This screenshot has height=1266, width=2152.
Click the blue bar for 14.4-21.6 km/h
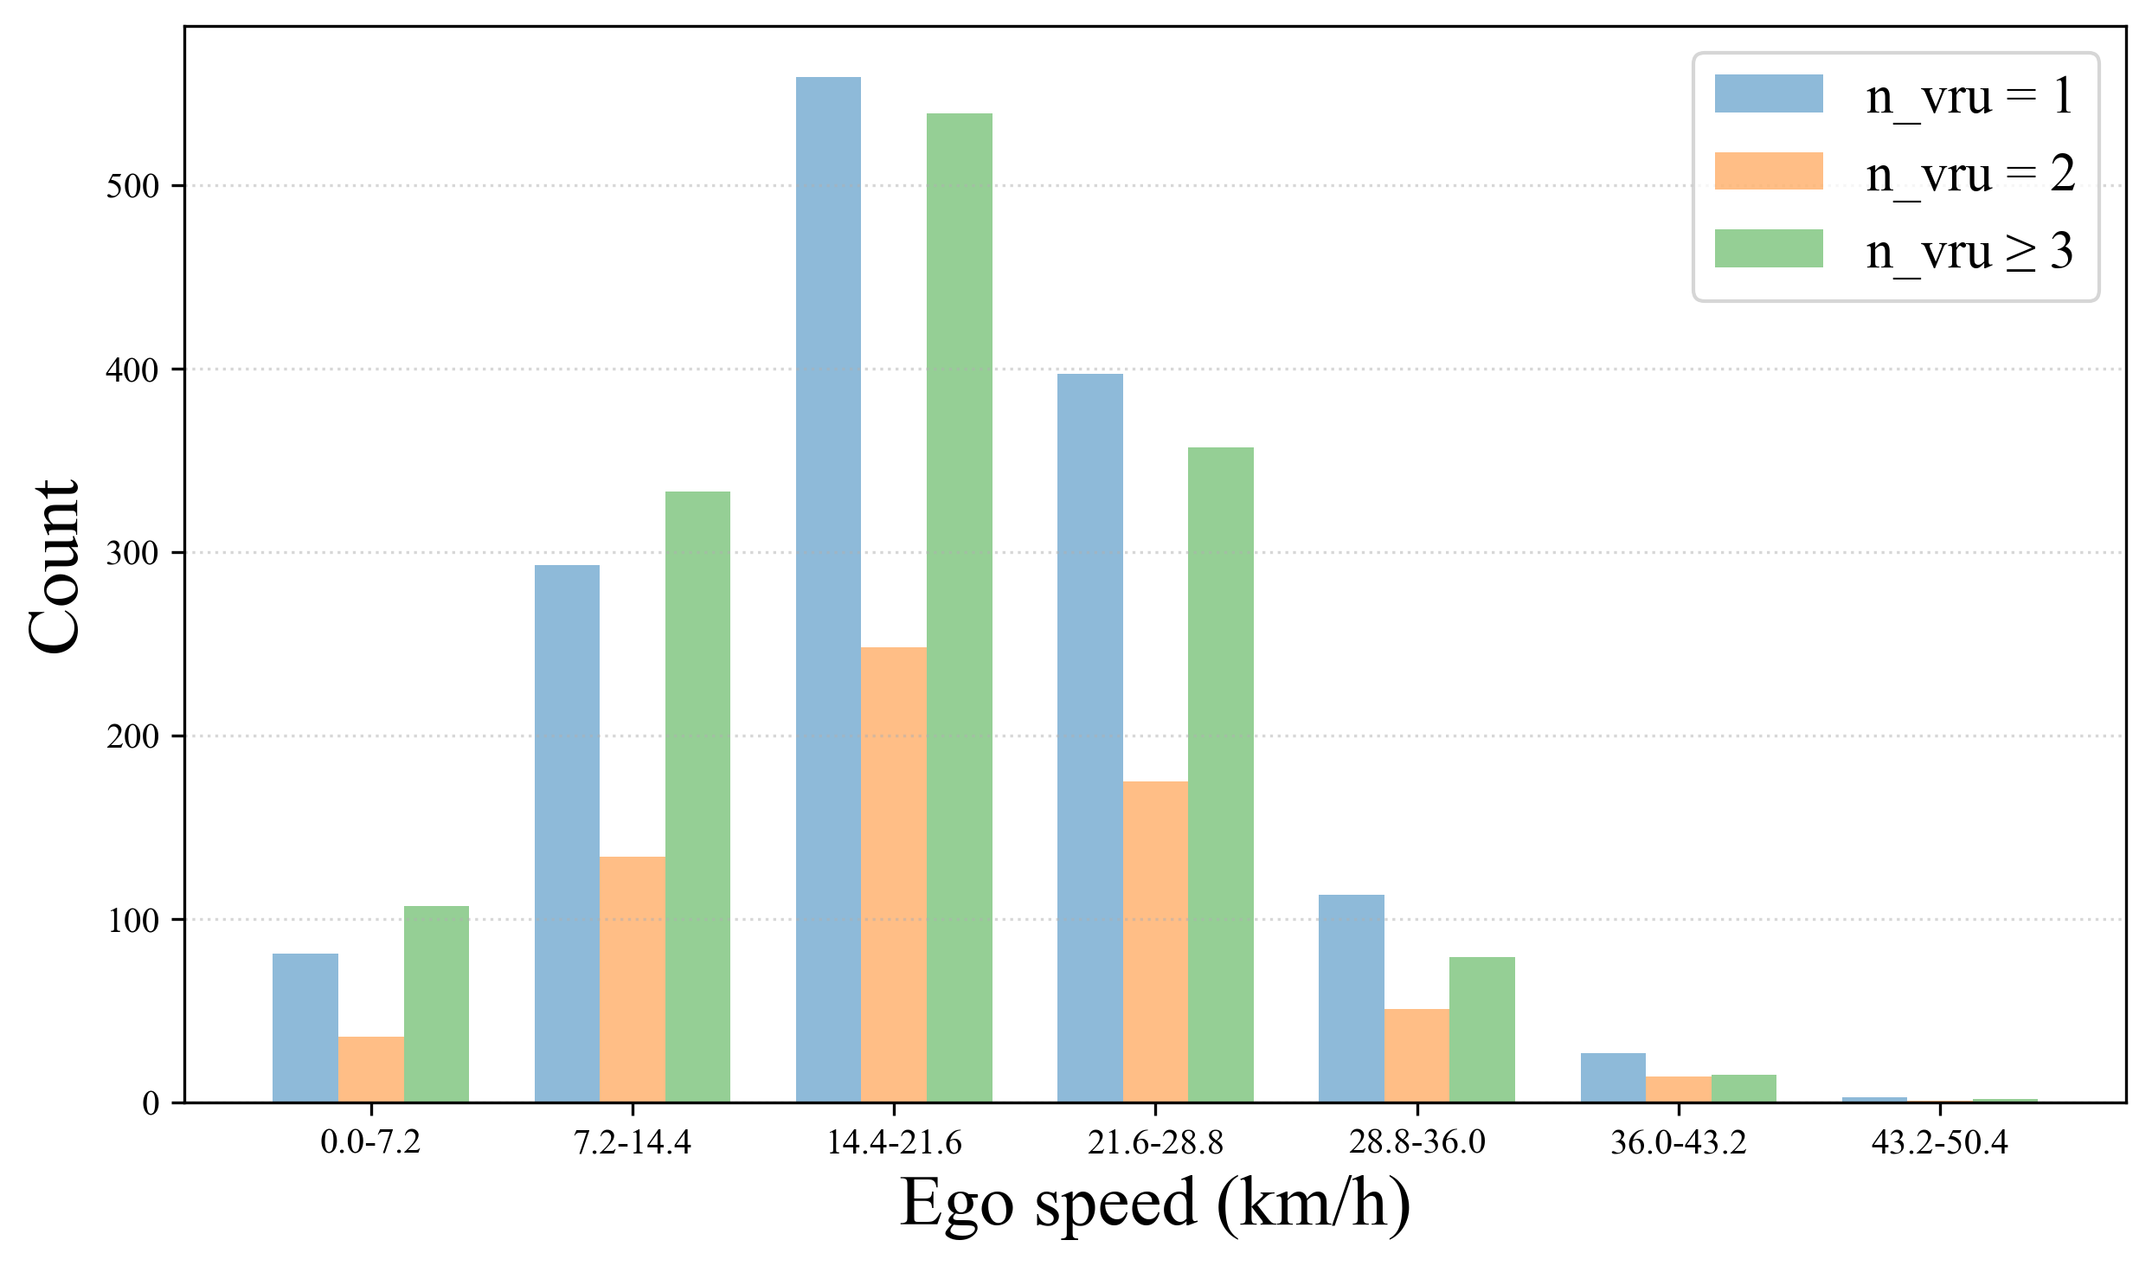point(828,588)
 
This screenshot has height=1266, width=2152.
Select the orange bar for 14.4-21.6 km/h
point(894,874)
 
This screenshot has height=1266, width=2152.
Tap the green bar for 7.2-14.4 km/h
point(697,796)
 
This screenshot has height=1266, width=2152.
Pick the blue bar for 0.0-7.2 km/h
point(305,1027)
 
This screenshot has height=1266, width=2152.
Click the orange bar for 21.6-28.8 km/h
point(1155,941)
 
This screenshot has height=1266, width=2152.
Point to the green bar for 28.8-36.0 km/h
point(1482,1029)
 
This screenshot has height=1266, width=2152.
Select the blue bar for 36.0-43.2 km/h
point(1613,1077)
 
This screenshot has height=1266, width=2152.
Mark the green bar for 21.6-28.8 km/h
point(1220,774)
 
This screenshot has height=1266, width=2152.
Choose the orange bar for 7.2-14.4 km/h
point(632,979)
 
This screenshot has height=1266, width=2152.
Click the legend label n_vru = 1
point(1969,95)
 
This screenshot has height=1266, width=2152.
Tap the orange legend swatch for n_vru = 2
point(1768,171)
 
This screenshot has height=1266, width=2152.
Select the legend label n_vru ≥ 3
point(1969,252)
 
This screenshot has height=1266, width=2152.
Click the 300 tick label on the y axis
point(133,553)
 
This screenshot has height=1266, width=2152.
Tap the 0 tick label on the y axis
point(151,1103)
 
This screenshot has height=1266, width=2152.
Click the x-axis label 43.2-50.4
point(1938,1142)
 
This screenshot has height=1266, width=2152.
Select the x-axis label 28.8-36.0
point(1416,1142)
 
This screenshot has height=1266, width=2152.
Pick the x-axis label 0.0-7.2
point(370,1142)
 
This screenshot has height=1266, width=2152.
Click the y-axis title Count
point(54,566)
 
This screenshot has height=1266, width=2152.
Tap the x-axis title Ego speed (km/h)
point(1154,1203)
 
